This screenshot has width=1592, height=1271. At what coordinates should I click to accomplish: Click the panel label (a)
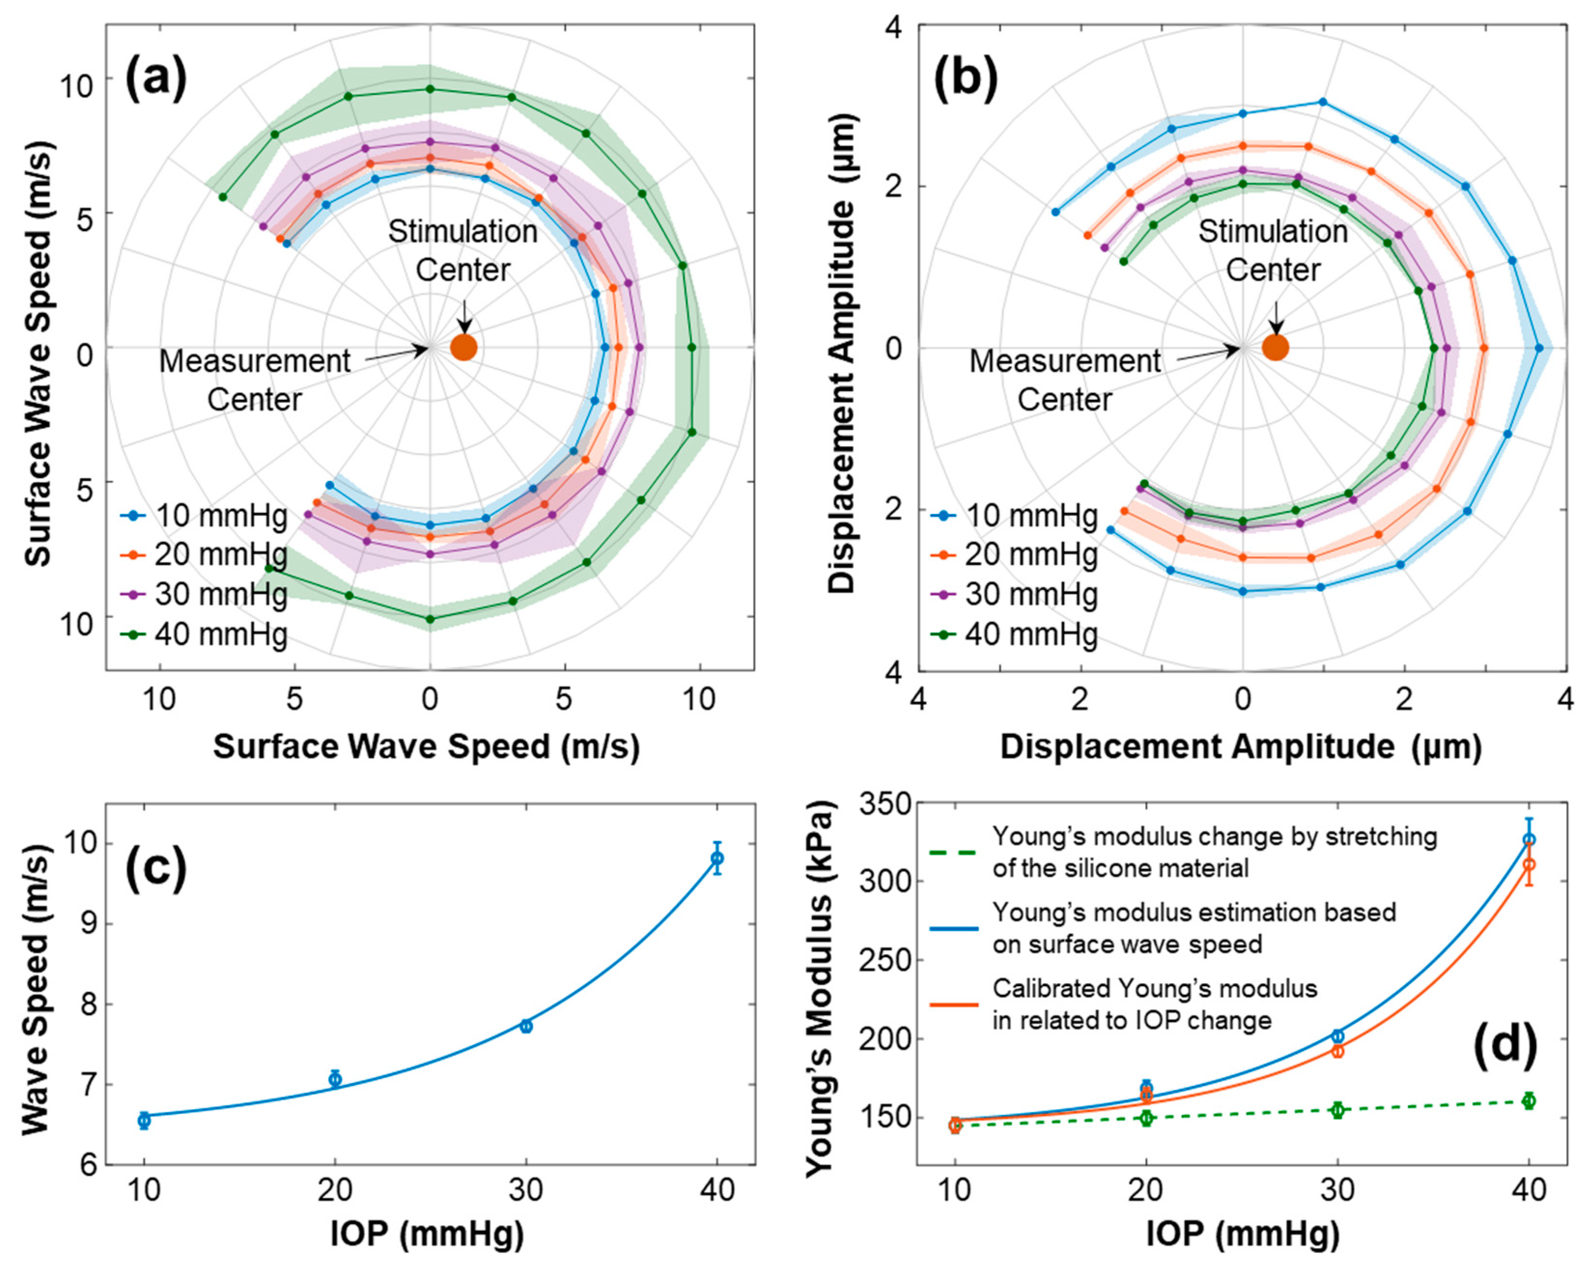[x=156, y=79]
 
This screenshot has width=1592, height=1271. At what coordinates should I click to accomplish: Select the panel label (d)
[x=1506, y=1046]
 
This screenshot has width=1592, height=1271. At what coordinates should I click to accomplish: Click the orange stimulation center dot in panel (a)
[x=464, y=347]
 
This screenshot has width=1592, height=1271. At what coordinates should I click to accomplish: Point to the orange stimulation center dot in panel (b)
[x=1275, y=347]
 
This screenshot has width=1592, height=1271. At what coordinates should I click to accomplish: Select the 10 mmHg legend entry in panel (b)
[x=1015, y=515]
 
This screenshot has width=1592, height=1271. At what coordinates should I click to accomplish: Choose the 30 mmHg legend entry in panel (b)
[x=1015, y=594]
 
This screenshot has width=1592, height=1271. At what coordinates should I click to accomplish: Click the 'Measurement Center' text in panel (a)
[x=255, y=381]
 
